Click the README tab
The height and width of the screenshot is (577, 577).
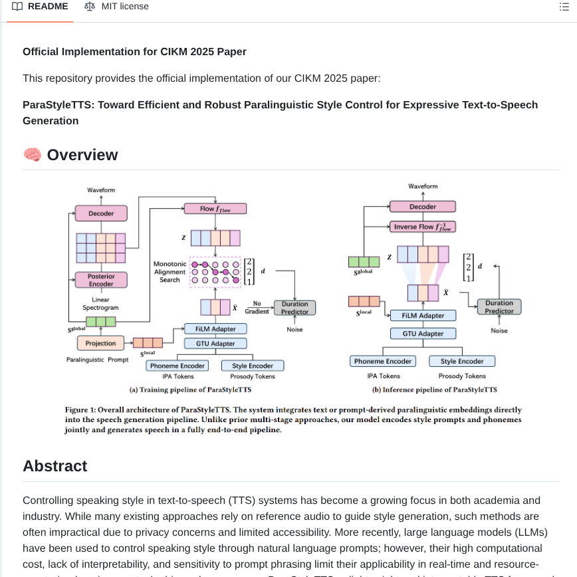pos(41,7)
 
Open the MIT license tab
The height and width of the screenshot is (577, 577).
pos(116,7)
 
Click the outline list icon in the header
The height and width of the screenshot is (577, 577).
pos(564,7)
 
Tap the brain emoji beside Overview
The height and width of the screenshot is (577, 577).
pos(32,155)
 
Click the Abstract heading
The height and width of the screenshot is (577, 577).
pos(55,466)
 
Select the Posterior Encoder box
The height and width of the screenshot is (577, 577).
pos(101,280)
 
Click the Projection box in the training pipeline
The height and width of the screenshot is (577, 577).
pos(101,343)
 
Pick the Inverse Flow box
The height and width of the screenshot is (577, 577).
pos(423,227)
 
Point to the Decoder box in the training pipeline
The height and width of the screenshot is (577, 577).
pos(101,213)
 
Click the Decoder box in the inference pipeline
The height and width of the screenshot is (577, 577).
pos(423,207)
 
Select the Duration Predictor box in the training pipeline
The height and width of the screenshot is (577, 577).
pos(294,307)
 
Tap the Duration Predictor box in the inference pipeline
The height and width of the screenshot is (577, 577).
pos(499,306)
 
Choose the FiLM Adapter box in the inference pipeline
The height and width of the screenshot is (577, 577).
pos(423,316)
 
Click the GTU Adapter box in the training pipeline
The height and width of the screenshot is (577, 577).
pos(215,344)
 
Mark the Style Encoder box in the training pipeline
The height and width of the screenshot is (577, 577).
pos(252,366)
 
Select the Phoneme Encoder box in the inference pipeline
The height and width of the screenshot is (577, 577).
pos(383,361)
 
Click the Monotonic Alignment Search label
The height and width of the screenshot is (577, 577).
pos(170,272)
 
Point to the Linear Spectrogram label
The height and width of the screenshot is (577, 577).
pos(101,304)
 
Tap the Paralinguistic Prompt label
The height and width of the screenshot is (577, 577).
pos(97,360)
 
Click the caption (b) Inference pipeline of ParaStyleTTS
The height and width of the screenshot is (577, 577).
pos(434,390)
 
